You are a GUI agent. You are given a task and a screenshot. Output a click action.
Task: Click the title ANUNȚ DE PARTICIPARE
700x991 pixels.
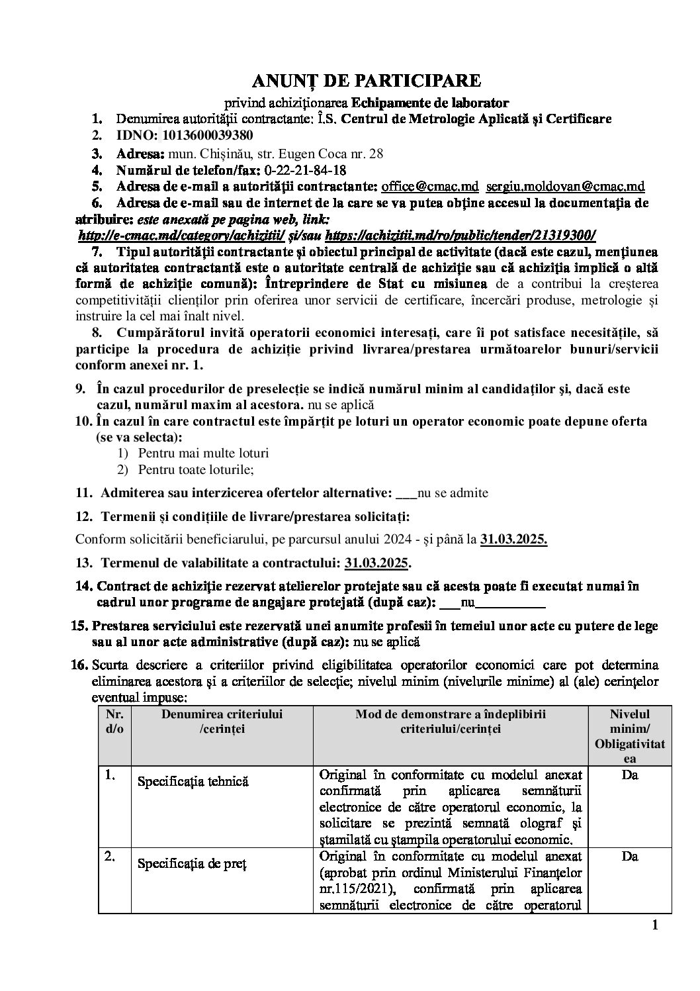[366, 81]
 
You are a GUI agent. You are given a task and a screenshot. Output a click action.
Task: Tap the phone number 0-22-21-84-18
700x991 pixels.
[305, 170]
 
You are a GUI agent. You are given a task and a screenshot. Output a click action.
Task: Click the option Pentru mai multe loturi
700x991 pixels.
[204, 453]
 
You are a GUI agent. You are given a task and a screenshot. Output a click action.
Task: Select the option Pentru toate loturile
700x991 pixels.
[196, 469]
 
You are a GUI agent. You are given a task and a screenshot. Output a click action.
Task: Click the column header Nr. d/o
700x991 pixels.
[114, 721]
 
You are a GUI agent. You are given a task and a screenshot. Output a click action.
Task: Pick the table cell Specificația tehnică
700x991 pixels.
[193, 781]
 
